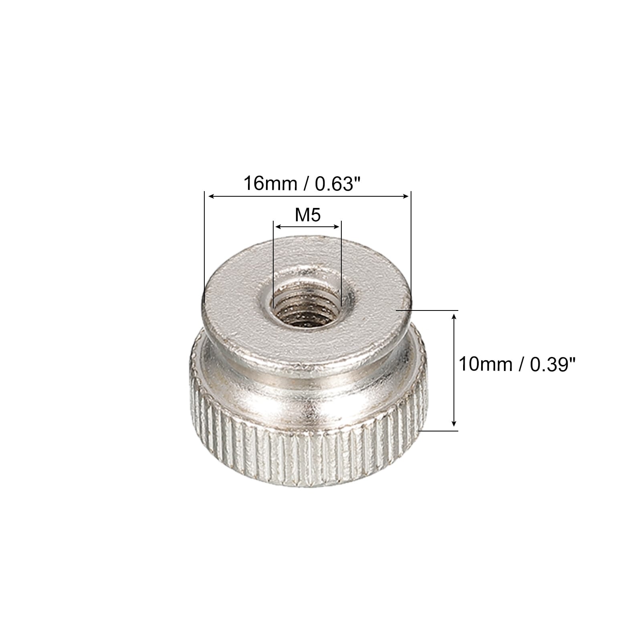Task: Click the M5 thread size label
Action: tap(308, 216)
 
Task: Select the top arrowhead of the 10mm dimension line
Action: tap(454, 316)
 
